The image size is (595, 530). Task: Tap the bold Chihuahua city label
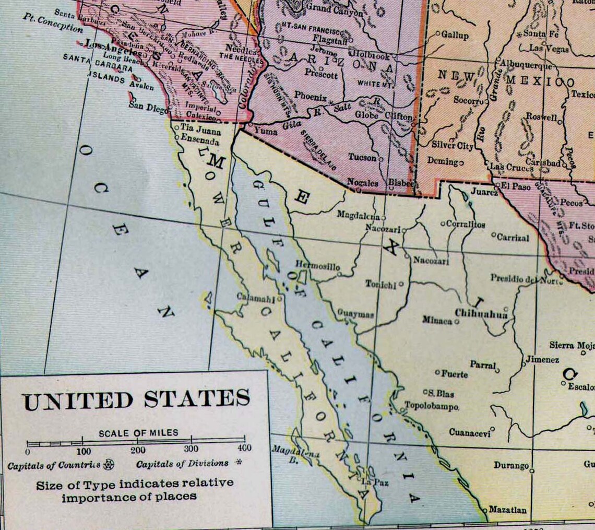481,313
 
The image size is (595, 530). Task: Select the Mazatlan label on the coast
507,510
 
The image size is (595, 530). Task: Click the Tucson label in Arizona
363,157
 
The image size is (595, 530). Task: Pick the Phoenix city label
310,96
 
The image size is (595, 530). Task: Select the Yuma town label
266,132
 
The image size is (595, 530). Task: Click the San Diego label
148,105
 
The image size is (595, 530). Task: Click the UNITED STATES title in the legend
136,400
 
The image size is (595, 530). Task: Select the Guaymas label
355,315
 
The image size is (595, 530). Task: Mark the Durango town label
511,465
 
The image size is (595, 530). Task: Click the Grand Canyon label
334,9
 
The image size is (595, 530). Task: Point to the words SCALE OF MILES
138,433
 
